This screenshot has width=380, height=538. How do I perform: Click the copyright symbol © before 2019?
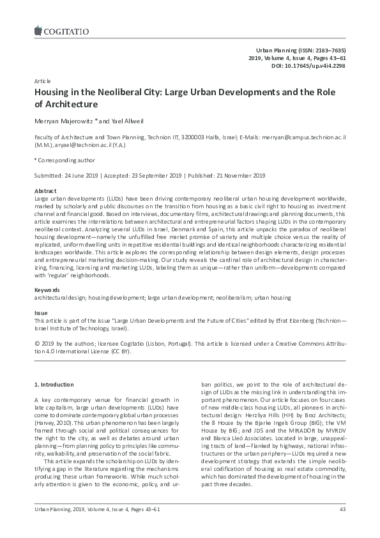pyautogui.click(x=36, y=342)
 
